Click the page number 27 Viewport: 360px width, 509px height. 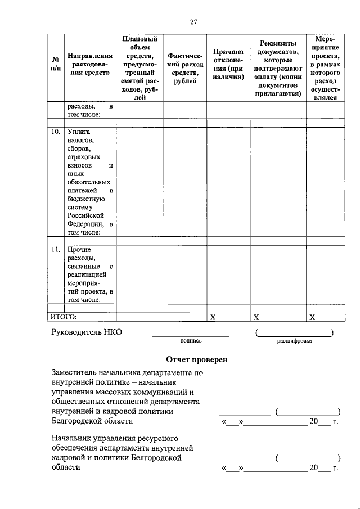193,22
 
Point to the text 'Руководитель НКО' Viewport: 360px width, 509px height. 87,332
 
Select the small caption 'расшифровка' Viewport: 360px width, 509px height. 294,341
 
